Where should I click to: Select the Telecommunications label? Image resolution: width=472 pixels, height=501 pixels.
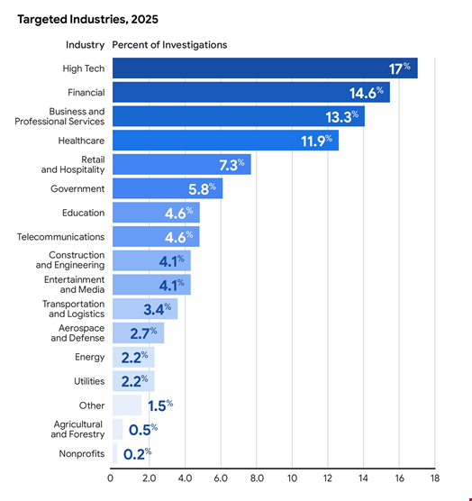tap(60, 237)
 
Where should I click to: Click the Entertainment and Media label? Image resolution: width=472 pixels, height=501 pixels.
tap(74, 285)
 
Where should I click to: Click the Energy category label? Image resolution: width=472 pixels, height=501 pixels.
tap(89, 358)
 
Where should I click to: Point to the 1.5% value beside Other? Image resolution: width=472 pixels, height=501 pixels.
tap(159, 405)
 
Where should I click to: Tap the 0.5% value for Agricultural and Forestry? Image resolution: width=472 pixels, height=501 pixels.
tap(141, 430)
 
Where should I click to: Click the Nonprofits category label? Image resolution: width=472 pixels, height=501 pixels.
tap(81, 454)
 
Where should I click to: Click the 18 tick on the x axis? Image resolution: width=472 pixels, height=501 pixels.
tap(434, 478)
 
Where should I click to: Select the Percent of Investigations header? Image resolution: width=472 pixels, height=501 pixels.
tap(169, 45)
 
